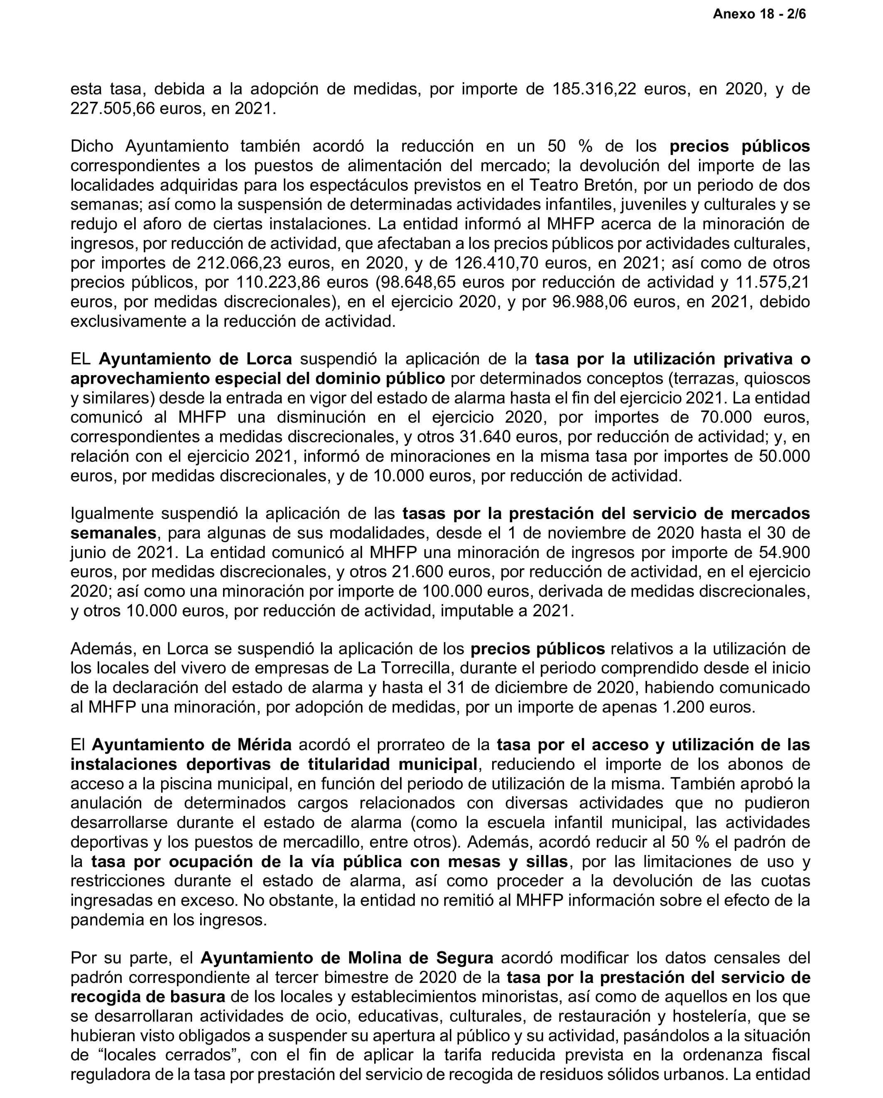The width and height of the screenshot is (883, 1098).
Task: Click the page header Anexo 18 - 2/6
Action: click(759, 14)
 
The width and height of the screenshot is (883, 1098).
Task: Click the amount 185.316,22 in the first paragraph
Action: click(594, 89)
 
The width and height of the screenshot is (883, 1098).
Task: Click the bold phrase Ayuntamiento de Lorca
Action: click(195, 359)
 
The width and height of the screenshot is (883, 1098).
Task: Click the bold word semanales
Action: click(113, 533)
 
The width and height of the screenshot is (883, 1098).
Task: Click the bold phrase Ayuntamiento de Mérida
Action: click(191, 744)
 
